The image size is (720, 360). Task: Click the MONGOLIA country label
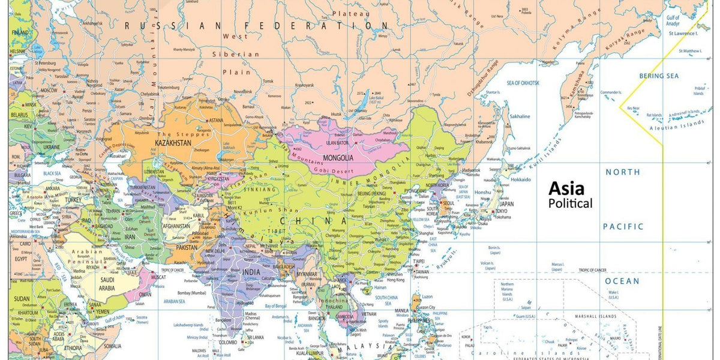338,158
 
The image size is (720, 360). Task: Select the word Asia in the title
566,189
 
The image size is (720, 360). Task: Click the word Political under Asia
570,203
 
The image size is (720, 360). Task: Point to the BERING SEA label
659,76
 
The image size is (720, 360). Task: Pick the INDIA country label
251,272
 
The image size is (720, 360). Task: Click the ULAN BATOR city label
337,143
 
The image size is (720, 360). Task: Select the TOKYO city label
503,211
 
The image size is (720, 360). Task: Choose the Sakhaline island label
520,116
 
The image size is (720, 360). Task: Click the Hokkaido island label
521,179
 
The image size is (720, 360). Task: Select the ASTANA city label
215,120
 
